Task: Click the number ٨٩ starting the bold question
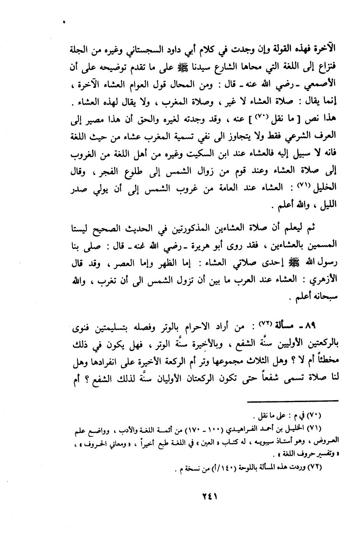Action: [316, 327]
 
